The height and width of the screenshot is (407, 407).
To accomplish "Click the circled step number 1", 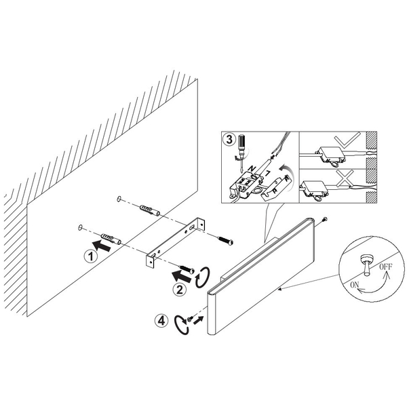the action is point(91,256).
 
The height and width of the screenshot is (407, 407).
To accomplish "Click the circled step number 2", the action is point(180,290).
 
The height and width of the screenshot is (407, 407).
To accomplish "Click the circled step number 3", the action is point(229,140).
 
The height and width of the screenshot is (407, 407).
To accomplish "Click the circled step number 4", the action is point(161,321).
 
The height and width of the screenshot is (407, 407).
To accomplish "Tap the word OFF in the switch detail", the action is point(386,267).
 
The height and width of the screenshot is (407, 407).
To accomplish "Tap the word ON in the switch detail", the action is point(355,285).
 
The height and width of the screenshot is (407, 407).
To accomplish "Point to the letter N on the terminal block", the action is point(252,168).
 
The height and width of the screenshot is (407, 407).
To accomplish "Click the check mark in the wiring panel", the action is point(347,140).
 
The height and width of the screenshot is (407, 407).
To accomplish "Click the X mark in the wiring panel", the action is point(345,178).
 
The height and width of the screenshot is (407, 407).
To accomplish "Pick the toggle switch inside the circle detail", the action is point(367,264).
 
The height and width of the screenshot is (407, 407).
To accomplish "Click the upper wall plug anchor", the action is point(149,210).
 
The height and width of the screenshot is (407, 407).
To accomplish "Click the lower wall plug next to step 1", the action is point(111,239).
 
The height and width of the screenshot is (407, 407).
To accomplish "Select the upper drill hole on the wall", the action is point(119,199).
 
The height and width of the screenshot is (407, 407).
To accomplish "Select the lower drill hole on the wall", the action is point(80,227).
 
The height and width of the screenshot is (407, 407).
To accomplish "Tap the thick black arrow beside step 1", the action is point(102,246).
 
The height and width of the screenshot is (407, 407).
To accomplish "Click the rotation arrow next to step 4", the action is point(181,324).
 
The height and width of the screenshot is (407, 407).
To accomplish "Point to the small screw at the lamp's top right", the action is point(324,219).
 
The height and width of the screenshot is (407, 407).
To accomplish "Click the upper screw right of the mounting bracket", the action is point(225,240).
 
